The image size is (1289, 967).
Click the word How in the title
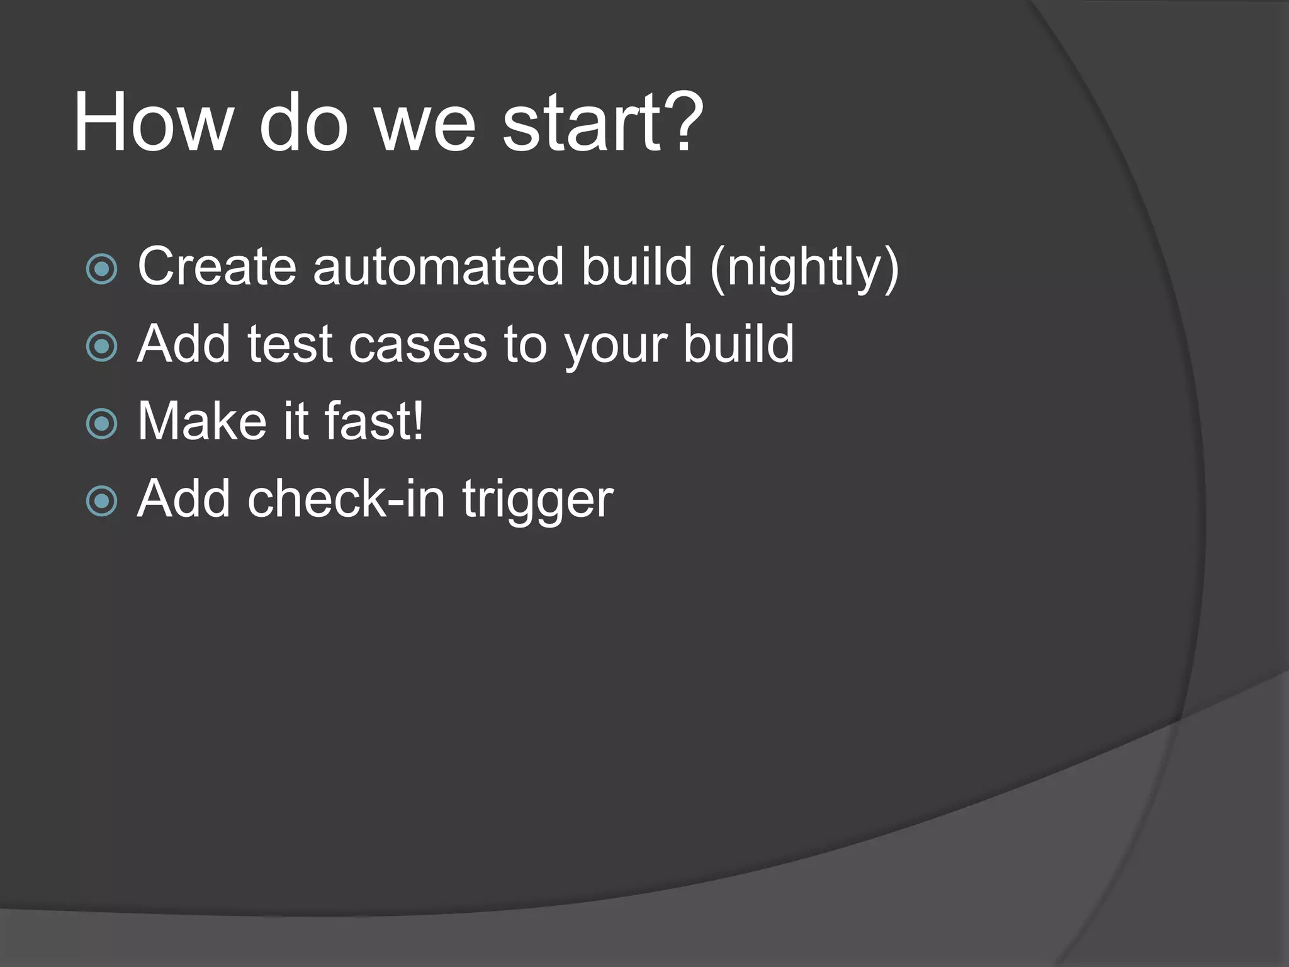(154, 123)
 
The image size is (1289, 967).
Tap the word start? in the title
(602, 123)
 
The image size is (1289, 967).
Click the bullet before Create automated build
(102, 269)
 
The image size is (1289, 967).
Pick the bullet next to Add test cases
(102, 346)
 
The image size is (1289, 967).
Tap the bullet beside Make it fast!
(102, 424)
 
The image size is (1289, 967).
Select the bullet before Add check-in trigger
(102, 501)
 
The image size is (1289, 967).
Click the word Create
(217, 267)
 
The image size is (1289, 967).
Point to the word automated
(438, 267)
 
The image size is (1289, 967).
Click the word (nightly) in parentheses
(804, 269)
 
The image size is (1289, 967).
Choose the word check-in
(346, 499)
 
